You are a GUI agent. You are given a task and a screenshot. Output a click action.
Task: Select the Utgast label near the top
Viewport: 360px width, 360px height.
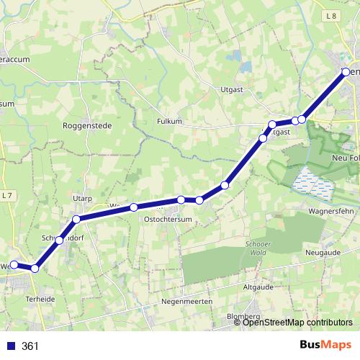[233, 89]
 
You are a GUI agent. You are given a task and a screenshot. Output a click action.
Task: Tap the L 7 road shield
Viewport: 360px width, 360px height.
[7, 195]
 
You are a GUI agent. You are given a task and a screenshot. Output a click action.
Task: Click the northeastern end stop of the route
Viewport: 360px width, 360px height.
[346, 71]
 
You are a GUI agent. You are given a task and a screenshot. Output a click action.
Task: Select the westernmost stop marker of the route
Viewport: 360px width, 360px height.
[14, 265]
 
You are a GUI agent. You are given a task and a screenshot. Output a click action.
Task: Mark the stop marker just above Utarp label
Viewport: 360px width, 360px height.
[76, 218]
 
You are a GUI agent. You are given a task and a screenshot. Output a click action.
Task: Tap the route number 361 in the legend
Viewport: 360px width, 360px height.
[30, 346]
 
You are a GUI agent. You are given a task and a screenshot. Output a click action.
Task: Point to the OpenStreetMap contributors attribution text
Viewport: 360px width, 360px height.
[297, 323]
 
